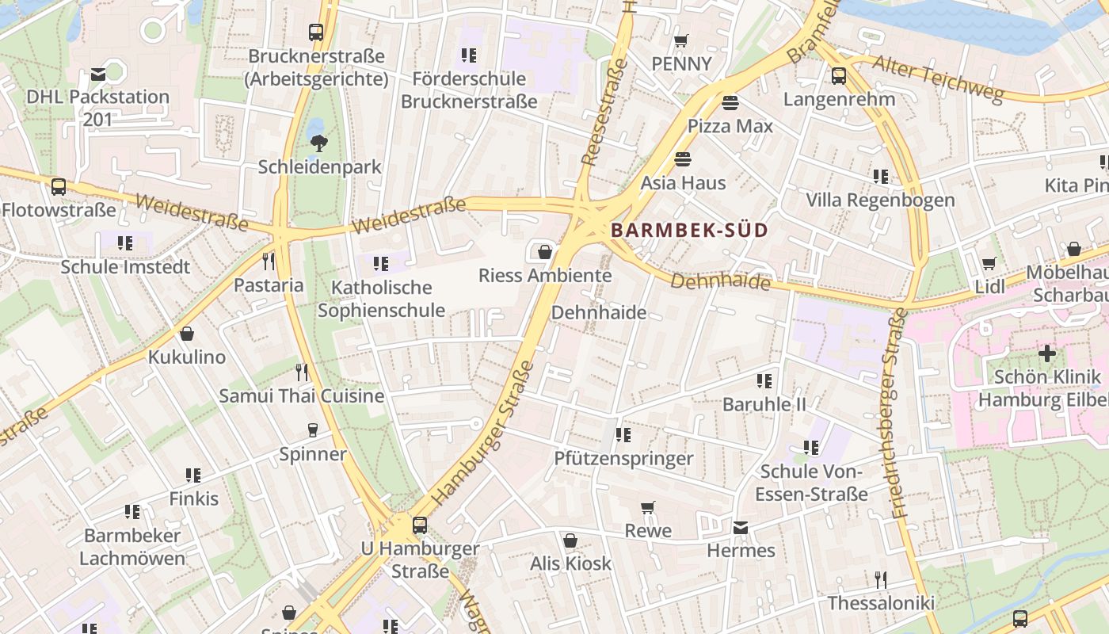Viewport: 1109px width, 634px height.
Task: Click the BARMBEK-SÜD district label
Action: (x=689, y=231)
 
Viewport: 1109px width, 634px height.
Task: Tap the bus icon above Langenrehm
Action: (x=839, y=76)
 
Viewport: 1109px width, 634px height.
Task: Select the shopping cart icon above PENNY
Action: (x=680, y=40)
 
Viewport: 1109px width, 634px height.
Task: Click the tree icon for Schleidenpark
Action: (x=319, y=143)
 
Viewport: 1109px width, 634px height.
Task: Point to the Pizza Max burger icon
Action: (x=730, y=103)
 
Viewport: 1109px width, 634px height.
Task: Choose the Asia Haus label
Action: (x=683, y=183)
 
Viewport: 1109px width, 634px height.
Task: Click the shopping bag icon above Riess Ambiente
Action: (x=545, y=252)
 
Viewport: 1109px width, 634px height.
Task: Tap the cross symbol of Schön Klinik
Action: (x=1047, y=353)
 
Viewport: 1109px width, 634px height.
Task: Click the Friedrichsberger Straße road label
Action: (x=900, y=412)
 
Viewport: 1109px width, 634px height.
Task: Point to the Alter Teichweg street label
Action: (x=937, y=78)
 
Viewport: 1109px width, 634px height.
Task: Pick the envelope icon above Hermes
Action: (x=740, y=528)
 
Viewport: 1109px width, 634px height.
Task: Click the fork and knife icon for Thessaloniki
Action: (x=880, y=580)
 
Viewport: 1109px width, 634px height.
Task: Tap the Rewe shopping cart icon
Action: (x=648, y=507)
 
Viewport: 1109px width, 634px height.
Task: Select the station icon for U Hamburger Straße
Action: (x=420, y=525)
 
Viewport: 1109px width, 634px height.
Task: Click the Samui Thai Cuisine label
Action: (x=302, y=395)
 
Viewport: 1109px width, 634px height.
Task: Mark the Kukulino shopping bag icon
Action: (x=187, y=334)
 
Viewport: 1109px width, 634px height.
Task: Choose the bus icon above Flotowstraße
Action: (x=59, y=187)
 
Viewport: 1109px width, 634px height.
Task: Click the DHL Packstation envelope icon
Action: (x=98, y=74)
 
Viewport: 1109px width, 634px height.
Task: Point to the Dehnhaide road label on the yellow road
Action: (x=721, y=281)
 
